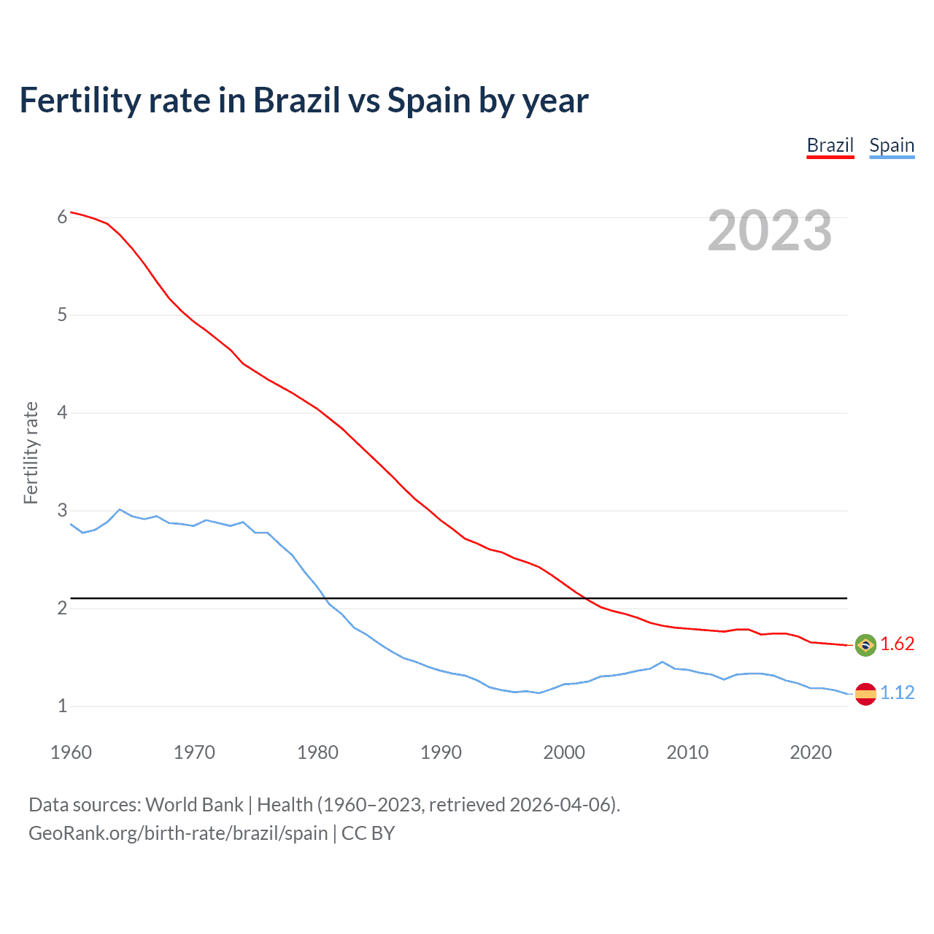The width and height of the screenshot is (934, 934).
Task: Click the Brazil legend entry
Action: [830, 145]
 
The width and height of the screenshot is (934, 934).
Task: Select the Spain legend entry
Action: [892, 145]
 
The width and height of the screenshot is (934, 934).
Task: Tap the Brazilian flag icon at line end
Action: [865, 645]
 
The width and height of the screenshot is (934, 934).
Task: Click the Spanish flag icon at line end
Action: [865, 693]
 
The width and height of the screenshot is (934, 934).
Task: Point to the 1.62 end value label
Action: [897, 644]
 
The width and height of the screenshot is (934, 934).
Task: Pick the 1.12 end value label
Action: [897, 692]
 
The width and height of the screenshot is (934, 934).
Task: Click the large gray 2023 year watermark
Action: [769, 231]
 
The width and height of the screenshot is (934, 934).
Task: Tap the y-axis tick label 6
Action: [62, 217]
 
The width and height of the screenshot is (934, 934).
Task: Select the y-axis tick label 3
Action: [62, 510]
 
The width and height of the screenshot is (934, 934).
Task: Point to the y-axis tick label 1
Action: [62, 706]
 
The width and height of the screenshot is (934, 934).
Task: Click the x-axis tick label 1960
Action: [71, 752]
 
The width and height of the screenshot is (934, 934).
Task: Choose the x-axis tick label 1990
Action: [441, 752]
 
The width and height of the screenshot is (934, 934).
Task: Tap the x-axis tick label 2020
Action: [811, 752]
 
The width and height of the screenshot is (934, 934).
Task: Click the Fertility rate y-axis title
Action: [31, 452]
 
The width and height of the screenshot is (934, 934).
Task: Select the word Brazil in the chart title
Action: [296, 101]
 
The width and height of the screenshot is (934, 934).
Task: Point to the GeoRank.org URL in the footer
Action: [178, 833]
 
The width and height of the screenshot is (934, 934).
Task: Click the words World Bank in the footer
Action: [194, 805]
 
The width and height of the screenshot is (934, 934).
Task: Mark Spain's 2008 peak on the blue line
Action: [662, 662]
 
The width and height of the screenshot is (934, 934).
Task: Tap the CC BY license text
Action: [368, 833]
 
